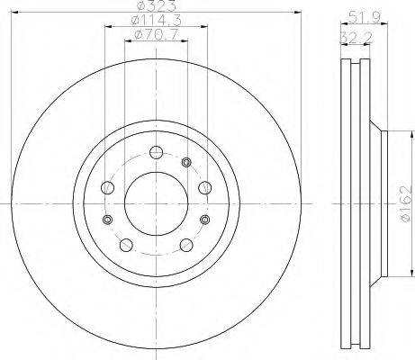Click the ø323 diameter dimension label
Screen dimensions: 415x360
pos(157,5)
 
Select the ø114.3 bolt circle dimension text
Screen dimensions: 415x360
pos(157,21)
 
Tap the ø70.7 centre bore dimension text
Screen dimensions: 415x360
pos(157,34)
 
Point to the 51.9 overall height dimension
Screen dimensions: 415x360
pos(365,17)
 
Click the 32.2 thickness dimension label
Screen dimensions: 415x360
pos(356,38)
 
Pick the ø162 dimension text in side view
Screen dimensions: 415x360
pos(405,204)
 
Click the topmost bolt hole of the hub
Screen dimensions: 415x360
pos(157,152)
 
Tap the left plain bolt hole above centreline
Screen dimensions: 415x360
pos(108,188)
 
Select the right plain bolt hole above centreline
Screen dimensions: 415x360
pos(205,188)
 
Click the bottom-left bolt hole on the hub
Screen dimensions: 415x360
pos(126,245)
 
